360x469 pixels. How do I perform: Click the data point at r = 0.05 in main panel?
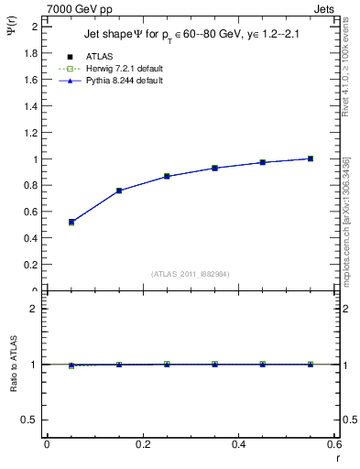pyautogui.click(x=71, y=222)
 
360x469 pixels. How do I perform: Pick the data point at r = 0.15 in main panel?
pyautogui.click(x=119, y=191)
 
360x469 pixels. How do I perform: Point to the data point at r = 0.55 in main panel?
pyautogui.click(x=311, y=158)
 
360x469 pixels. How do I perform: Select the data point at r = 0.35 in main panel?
pyautogui.click(x=214, y=168)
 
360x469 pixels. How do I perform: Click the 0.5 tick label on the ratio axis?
pyautogui.click(x=29, y=420)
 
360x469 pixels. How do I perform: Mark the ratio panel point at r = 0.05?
pyautogui.click(x=71, y=365)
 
